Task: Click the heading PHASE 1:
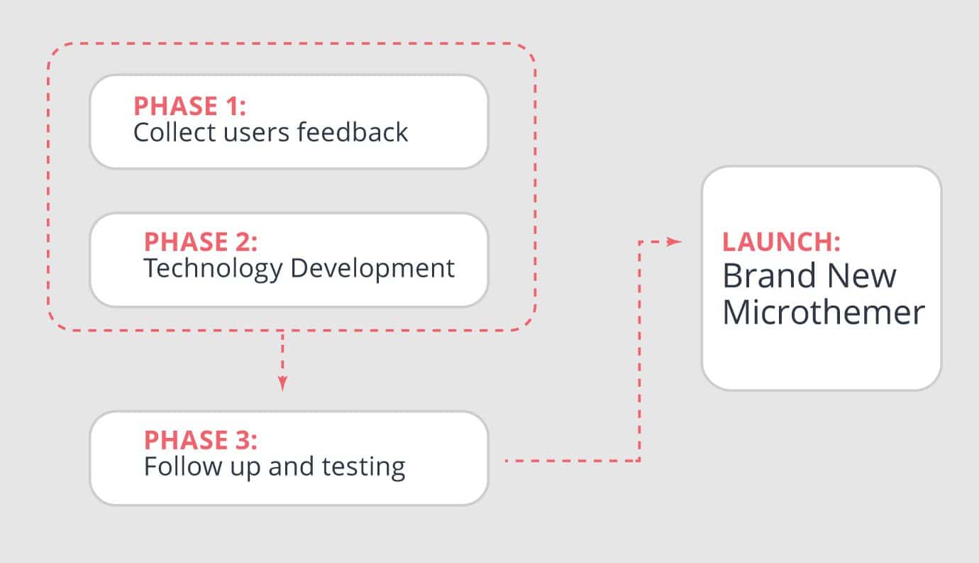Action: point(189,106)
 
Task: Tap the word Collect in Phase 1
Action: point(175,132)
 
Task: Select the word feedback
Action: point(353,132)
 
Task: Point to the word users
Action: point(256,134)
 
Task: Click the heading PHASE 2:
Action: point(201,242)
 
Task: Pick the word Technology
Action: point(214,269)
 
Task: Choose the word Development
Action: point(372,269)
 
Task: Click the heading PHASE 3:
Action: point(201,440)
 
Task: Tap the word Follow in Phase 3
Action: point(183,466)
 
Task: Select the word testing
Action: point(364,468)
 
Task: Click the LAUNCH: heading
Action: point(781,242)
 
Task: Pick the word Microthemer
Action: point(824,312)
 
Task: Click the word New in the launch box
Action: point(861,275)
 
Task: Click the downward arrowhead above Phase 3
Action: point(283,383)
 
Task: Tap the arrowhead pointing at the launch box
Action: point(674,242)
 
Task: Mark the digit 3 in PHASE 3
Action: point(243,440)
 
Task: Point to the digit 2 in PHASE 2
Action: point(243,242)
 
